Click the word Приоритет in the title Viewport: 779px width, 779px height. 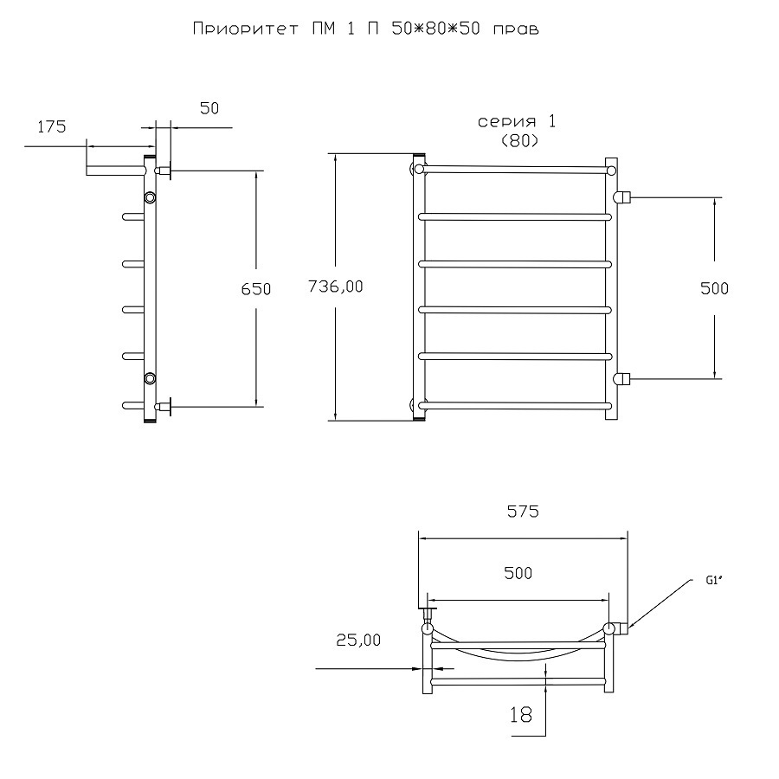246,29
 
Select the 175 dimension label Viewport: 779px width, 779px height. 52,127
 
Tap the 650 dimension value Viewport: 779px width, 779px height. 256,288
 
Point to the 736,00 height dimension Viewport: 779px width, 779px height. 335,286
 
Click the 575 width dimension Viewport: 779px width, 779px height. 523,512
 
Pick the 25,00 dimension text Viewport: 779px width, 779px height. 358,640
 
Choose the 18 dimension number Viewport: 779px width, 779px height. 521,714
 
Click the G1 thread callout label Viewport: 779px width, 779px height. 713,580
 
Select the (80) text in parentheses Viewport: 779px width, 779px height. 519,141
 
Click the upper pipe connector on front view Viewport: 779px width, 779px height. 621,197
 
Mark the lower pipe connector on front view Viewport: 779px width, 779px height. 621,379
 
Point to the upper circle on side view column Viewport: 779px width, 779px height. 150,197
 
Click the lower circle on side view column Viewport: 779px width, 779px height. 150,378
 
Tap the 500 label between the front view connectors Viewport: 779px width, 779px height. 714,288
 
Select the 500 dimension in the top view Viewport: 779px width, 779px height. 518,573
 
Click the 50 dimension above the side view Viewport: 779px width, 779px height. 209,108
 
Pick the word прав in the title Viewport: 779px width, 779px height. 516,29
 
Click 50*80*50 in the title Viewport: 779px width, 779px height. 435,29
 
